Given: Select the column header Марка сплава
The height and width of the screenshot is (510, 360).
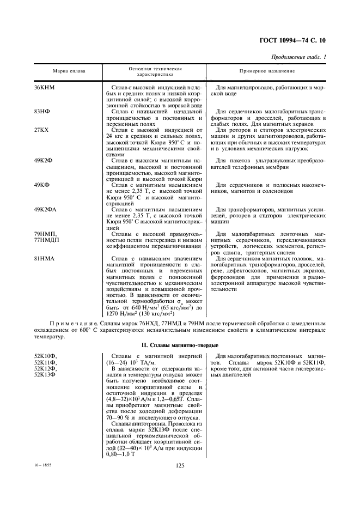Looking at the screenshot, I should coord(69,72).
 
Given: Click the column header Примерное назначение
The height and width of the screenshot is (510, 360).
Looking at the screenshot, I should coord(267,72).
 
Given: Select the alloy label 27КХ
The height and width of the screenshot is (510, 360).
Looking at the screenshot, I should coord(42,130).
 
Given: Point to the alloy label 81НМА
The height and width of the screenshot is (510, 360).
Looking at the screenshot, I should coord(45,258).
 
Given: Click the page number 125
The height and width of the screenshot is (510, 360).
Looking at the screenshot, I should coord(180,465).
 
